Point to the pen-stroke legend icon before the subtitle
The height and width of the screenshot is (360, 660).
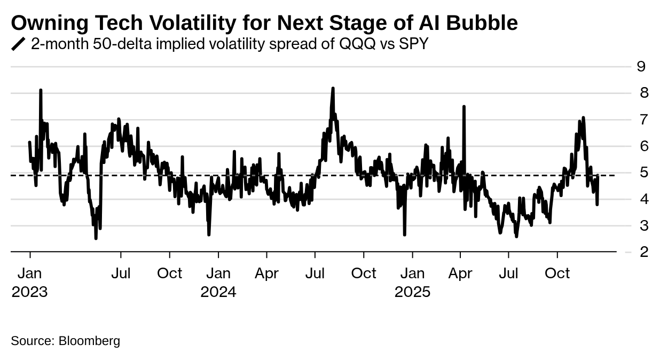(18, 44)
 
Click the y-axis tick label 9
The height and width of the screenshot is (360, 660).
(641, 66)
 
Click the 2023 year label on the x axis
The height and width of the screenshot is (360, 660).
(29, 292)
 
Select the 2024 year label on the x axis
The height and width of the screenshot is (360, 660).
(218, 292)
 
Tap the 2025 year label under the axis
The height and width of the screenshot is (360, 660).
(412, 292)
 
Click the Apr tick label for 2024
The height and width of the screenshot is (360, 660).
(266, 273)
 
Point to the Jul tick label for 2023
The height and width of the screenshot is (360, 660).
(121, 273)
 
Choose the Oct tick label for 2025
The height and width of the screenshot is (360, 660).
(557, 273)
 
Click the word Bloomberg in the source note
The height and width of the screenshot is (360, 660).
(89, 341)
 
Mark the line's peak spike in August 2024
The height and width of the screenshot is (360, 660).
(333, 88)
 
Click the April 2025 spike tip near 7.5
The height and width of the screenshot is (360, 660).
(464, 107)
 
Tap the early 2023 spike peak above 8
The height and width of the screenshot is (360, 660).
(41, 90)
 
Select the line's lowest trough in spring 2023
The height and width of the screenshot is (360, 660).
(96, 238)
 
